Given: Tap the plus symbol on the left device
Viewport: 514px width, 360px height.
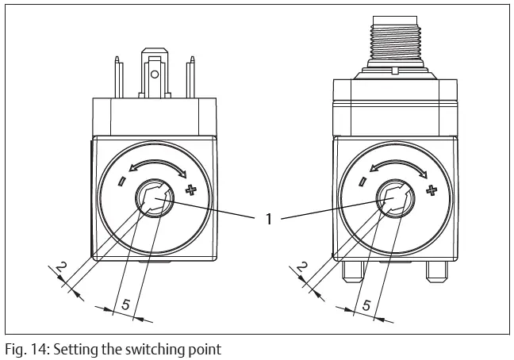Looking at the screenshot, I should (190, 190).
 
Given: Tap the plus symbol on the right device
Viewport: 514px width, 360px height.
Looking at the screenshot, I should (432, 190).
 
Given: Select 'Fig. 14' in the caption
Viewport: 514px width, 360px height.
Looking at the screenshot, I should (21, 347).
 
